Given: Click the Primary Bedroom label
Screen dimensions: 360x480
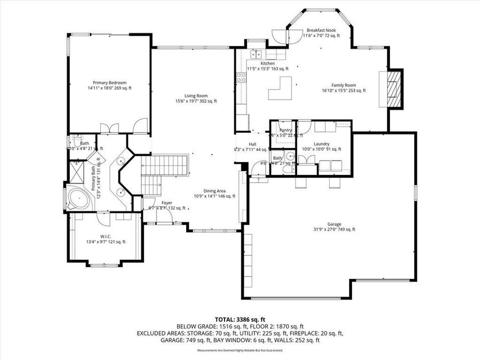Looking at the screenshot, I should (x=109, y=83).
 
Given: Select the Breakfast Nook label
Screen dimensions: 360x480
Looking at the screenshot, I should (x=320, y=30).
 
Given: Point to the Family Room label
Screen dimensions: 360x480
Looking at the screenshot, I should (x=343, y=85).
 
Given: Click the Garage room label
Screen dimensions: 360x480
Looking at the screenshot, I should (x=334, y=224).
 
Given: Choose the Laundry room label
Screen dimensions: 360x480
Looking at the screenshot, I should (x=322, y=143).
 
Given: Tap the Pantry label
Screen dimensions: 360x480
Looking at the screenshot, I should (x=286, y=130).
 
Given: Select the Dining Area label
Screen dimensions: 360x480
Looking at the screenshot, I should (x=214, y=191).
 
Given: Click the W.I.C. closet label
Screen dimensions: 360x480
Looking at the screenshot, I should (x=105, y=236).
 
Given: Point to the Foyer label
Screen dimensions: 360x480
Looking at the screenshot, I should (x=167, y=203).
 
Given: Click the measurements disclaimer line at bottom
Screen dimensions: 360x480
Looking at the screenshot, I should (x=240, y=350).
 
